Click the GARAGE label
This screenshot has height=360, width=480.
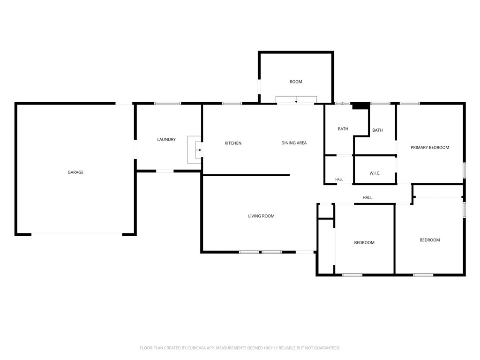click(75, 172)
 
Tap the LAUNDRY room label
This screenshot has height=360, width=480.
click(166, 140)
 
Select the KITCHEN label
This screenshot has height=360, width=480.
click(233, 143)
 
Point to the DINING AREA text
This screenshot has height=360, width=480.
click(294, 143)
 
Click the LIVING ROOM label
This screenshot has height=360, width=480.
click(261, 216)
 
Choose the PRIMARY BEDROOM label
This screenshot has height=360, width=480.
click(430, 148)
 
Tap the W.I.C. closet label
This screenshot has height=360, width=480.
click(375, 173)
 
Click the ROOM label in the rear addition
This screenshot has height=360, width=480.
click(296, 82)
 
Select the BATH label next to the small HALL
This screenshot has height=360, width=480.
click(343, 129)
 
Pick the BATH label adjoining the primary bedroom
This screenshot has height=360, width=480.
click(377, 130)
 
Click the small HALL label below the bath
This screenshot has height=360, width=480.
click(339, 180)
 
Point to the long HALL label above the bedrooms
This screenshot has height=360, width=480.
click(367, 198)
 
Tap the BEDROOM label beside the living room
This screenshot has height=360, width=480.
click(364, 243)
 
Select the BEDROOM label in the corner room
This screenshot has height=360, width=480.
click(430, 240)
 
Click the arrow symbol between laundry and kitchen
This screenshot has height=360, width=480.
click(199, 150)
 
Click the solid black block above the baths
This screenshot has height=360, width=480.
click(360, 106)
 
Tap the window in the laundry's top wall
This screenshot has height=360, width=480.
click(167, 104)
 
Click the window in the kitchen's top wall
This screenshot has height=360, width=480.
click(232, 104)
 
